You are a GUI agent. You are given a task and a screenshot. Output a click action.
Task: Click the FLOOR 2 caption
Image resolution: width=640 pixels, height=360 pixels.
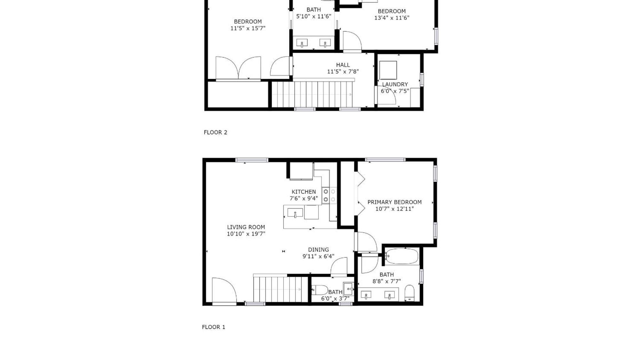click(215, 132)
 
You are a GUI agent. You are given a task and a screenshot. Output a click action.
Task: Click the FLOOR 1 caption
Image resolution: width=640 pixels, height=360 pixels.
click(213, 327)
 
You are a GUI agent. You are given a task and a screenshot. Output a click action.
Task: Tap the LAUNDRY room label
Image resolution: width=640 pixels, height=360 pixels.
click(395, 84)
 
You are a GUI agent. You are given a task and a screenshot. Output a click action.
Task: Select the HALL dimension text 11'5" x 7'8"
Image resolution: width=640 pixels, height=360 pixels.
click(343, 72)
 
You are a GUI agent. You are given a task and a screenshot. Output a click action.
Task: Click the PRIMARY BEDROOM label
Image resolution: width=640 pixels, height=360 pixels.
click(394, 202)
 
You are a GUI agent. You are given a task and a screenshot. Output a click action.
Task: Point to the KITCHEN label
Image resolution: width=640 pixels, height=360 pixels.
click(303, 192)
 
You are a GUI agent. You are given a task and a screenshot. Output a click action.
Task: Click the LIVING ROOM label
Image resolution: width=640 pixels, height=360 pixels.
click(246, 227)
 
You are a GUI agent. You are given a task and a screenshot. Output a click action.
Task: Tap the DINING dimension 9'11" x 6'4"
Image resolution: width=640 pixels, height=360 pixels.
click(318, 256)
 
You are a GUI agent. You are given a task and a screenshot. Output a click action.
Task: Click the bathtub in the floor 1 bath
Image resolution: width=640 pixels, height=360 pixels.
click(402, 256)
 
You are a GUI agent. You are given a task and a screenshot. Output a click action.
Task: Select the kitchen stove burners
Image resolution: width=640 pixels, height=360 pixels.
click(329, 196)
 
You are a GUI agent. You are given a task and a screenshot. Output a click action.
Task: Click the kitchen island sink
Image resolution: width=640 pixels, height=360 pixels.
click(295, 213)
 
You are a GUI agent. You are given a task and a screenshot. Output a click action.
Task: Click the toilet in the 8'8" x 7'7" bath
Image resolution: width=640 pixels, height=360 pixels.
click(409, 293)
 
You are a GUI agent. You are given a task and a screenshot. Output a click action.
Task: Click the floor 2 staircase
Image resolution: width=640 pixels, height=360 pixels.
click(312, 94)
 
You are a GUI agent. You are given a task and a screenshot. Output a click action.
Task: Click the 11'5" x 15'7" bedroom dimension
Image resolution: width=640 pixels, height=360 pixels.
click(248, 28)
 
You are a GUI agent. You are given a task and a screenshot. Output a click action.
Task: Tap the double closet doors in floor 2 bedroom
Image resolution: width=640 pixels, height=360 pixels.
click(238, 68)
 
